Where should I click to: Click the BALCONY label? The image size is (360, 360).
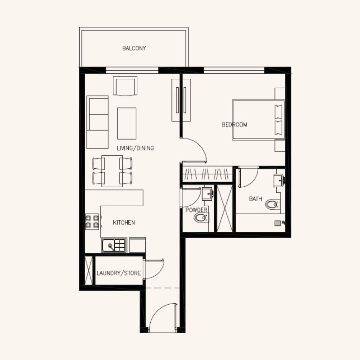coord(134,48)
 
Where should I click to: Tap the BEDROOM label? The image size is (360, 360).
coord(234,125)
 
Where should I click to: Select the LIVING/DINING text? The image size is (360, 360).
coord(135,148)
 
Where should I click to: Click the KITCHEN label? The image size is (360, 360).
coord(124,223)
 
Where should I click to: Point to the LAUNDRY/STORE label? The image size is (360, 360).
coord(119,273)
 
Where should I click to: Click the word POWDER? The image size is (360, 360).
coord(196,210)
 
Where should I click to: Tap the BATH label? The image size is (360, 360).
coord(255,198)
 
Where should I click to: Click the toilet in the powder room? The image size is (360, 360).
coord(201,219)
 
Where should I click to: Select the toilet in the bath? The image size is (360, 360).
coord(272,205)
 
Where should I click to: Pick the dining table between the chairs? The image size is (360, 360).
coord(112,171)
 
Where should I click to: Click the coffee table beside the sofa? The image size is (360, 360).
coord(127,123)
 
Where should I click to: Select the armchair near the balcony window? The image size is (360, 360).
coord(126,86)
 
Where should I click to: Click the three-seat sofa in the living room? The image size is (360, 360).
coord(98,122)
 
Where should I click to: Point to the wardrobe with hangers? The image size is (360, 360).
coord(207,173)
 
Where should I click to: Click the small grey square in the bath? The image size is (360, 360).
coord(277,223)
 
